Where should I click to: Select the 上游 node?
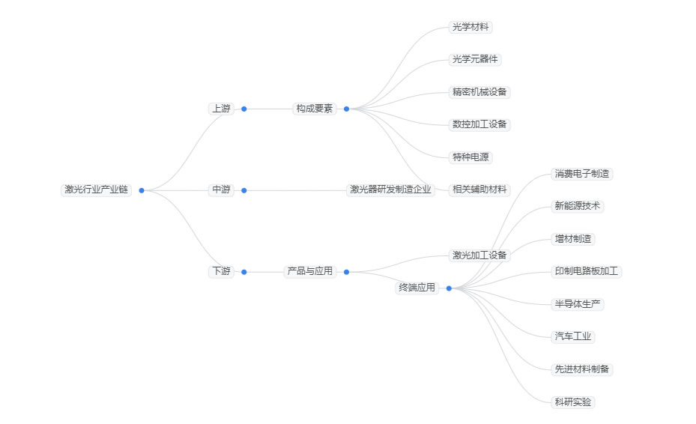[x=221, y=109]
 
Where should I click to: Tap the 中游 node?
[x=221, y=190]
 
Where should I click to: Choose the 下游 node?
[x=221, y=271]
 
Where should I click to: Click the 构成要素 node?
[x=315, y=109]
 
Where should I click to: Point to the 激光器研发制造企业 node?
[x=391, y=190]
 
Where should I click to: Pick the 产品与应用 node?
[x=310, y=271]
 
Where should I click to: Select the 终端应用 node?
[x=417, y=288]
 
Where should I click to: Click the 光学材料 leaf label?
[x=470, y=28]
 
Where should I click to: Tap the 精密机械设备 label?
[x=480, y=92]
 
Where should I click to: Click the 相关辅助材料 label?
[x=479, y=190]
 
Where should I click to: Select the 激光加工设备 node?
[x=479, y=255]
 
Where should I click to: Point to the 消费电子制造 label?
[x=582, y=174]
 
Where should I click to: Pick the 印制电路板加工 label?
[x=587, y=271]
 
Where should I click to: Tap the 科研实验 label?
[x=573, y=402]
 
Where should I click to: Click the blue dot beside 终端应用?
[x=449, y=288]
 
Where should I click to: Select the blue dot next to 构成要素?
[x=346, y=109]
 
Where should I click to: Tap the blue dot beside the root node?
[x=142, y=190]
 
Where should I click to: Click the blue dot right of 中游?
[x=243, y=190]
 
